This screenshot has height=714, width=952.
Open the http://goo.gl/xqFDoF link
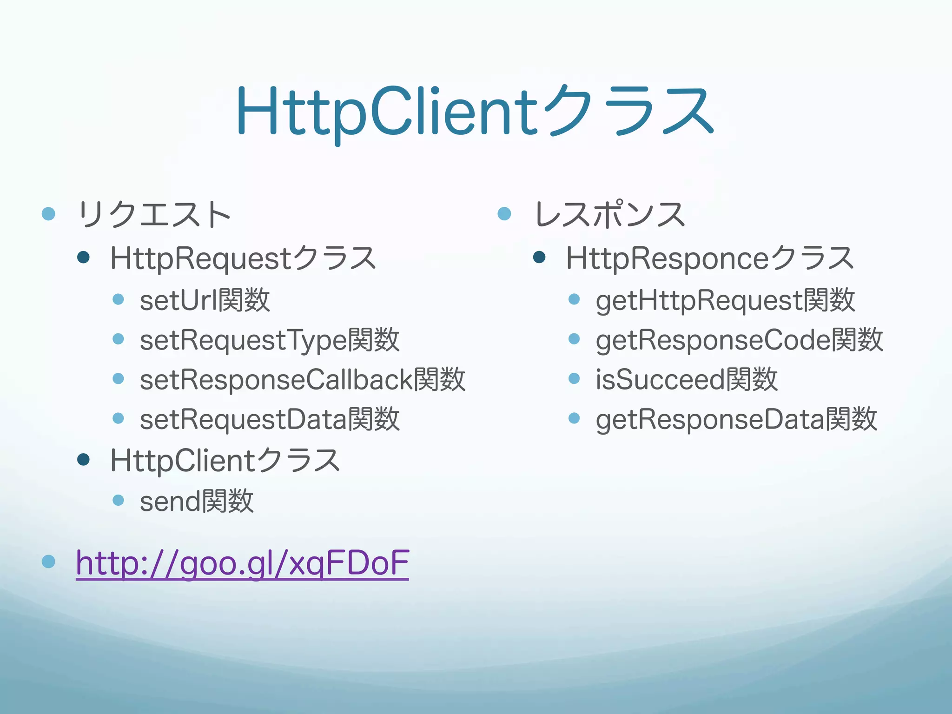point(242,563)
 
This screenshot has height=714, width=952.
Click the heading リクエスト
point(154,215)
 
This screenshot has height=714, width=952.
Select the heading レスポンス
point(610,215)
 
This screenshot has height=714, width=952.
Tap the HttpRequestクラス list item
point(243,258)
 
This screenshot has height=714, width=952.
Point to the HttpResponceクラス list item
point(710,258)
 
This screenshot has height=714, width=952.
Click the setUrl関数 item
point(205,300)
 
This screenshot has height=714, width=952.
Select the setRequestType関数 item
point(270,340)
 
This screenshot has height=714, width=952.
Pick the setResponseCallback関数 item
point(302,380)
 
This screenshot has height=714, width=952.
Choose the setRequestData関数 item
point(270,420)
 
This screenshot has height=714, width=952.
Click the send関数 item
point(197,502)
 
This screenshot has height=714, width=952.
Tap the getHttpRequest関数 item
point(725,300)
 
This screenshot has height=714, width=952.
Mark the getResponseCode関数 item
point(739,340)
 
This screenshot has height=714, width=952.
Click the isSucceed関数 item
point(687,380)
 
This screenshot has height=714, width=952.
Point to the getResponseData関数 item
point(736,420)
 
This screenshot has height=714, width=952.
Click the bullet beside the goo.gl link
point(49,562)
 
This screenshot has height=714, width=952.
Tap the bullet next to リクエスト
point(49,214)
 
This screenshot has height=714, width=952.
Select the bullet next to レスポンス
point(504,214)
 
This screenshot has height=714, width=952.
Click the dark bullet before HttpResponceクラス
point(539,257)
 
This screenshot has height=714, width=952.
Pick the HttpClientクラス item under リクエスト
point(225,461)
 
